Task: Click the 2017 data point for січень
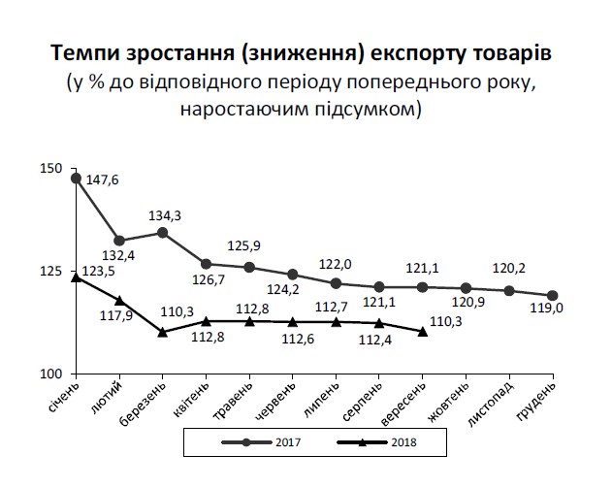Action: [x=76, y=178]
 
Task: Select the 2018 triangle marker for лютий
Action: [x=118, y=301]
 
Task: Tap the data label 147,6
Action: [x=102, y=179]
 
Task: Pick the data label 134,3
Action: [x=166, y=215]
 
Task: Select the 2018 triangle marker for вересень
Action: [x=422, y=332]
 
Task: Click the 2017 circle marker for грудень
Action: [x=552, y=295]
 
